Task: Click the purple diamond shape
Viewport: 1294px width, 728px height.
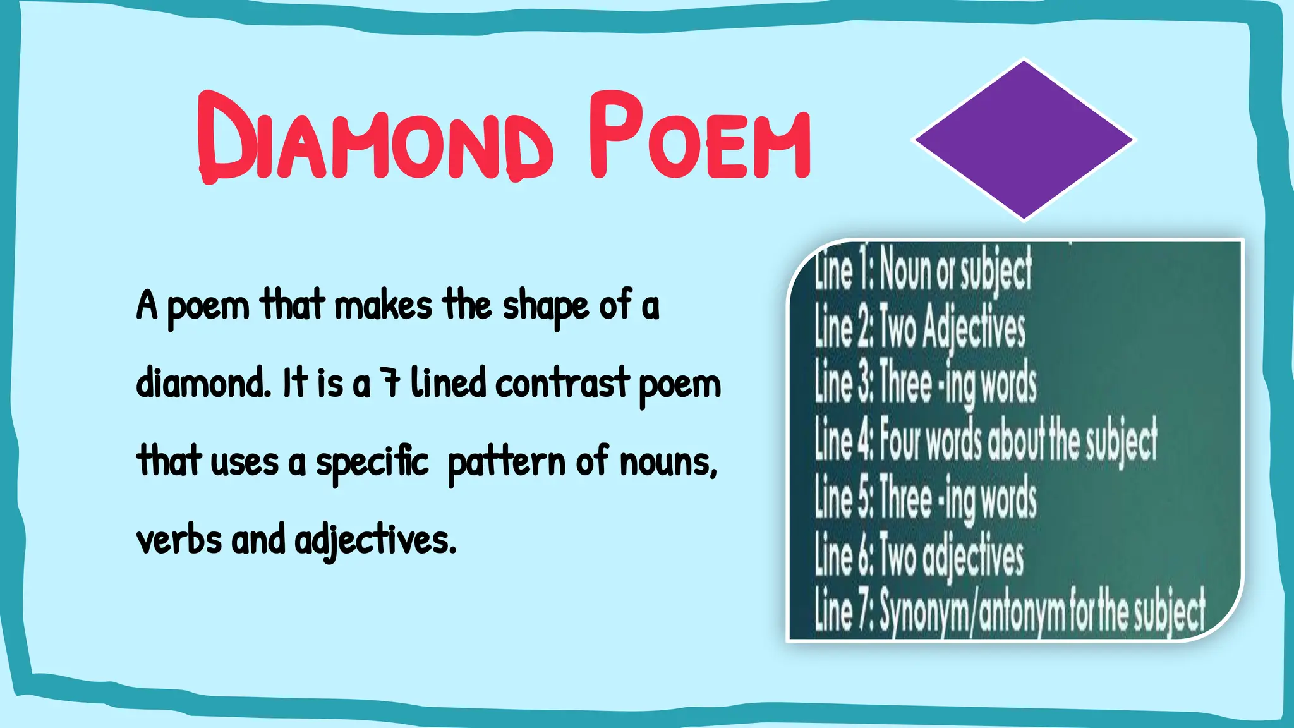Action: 1024,140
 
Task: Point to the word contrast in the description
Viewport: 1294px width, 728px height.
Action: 562,383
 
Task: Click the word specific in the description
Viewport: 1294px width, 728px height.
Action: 372,462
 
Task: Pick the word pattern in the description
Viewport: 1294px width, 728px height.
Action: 506,462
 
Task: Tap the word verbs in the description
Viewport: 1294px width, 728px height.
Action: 179,540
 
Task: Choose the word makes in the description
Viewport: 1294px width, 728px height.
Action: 383,305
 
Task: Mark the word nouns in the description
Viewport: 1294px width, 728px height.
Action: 668,462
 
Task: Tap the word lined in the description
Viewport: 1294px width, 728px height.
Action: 448,383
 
